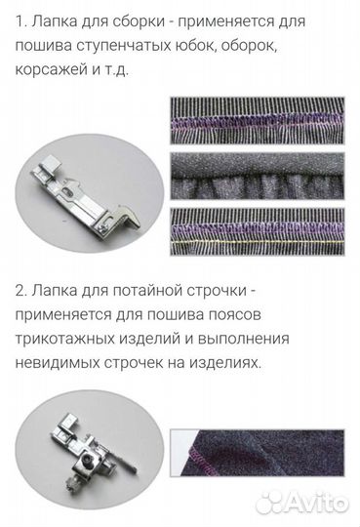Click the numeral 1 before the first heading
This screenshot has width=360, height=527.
point(20,19)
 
